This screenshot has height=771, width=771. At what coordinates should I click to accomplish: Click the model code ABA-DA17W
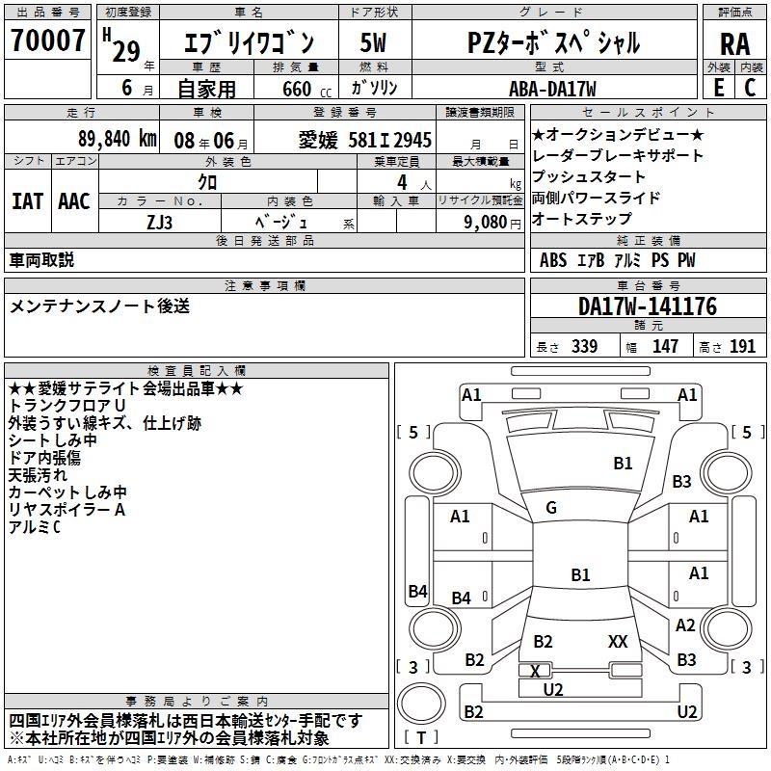tap(552, 89)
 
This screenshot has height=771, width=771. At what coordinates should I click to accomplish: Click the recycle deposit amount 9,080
tap(486, 221)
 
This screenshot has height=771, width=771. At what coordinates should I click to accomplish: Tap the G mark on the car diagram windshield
tap(551, 508)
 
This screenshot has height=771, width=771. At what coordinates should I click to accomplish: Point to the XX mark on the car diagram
tap(618, 641)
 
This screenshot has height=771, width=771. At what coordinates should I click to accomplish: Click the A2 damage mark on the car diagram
tap(685, 625)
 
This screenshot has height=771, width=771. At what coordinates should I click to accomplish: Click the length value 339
tap(584, 347)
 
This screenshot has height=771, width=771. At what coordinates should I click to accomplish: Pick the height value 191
tap(742, 347)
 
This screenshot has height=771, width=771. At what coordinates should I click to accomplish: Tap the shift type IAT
tap(27, 200)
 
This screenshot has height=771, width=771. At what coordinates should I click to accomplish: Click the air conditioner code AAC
tap(73, 200)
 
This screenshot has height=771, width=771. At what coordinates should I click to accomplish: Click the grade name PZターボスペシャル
tap(553, 42)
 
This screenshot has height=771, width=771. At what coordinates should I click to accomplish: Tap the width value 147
tap(665, 347)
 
